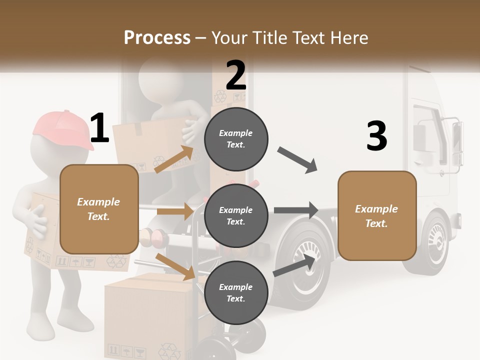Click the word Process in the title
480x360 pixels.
click(157, 37)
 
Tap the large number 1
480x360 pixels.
click(99, 128)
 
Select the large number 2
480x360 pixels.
click(236, 75)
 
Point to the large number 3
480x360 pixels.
click(376, 136)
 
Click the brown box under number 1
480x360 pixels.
click(99, 209)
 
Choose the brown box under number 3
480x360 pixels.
click(377, 215)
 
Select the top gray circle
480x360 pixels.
click(236, 139)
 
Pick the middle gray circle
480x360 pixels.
click(236, 215)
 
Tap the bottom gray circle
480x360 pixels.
click(236, 292)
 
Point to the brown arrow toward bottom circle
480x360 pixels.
click(175, 266)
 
